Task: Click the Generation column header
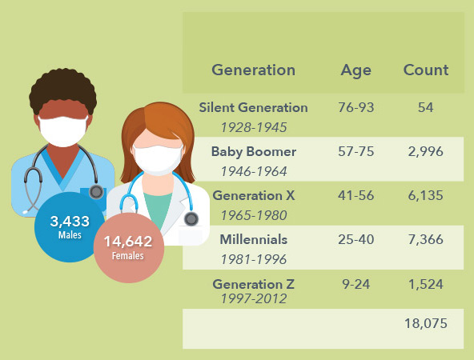[x=253, y=70]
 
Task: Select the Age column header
[x=355, y=71]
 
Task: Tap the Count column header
[x=426, y=70]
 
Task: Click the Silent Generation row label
[x=253, y=107]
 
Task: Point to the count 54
[x=426, y=107]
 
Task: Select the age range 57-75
[x=355, y=152]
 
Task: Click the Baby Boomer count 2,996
[x=426, y=152]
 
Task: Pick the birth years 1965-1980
[x=254, y=216]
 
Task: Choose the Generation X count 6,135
[x=426, y=196]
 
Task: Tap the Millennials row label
[x=253, y=239]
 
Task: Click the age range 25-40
[x=355, y=239]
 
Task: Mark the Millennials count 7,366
[x=426, y=240]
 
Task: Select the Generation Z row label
[x=253, y=284]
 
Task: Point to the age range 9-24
[x=355, y=284]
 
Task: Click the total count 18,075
[x=426, y=324]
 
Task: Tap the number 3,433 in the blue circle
[x=70, y=222]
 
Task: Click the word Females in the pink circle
[x=127, y=256]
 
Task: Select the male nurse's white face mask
[x=63, y=131]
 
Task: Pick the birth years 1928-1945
[x=254, y=127]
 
